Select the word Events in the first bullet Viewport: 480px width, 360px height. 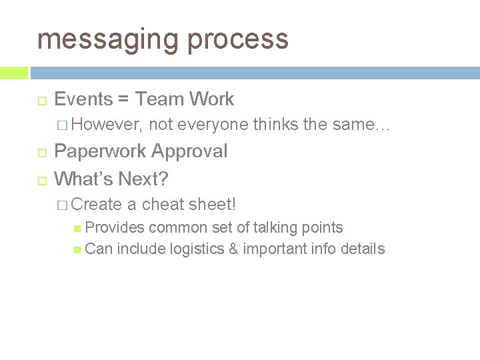(x=83, y=99)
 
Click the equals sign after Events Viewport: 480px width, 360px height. (x=123, y=100)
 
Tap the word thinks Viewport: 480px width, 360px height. (x=276, y=125)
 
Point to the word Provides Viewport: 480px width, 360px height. (x=115, y=228)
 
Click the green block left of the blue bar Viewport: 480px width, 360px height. (x=14, y=73)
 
